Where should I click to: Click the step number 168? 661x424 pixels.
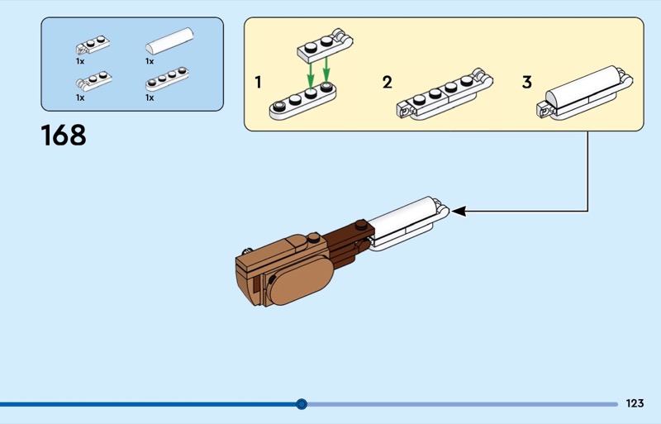[x=64, y=135]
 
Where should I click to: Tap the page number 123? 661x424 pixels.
[x=635, y=403]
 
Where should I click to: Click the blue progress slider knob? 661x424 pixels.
[x=302, y=404]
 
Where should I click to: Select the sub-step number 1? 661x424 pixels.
[x=259, y=82]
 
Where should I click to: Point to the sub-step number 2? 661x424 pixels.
[x=388, y=82]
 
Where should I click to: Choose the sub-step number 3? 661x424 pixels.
[x=527, y=82]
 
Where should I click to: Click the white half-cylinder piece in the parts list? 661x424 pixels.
[x=169, y=41]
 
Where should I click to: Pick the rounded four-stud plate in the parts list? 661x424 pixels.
[x=168, y=79]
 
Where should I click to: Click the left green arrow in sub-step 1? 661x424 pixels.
[x=311, y=75]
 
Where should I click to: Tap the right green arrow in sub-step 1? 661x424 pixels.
[x=326, y=69]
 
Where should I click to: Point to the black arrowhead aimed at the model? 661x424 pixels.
[x=459, y=211]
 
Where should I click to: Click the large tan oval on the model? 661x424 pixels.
[x=302, y=279]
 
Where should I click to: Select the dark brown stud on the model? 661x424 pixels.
[x=360, y=225]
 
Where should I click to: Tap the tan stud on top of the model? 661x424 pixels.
[x=313, y=237]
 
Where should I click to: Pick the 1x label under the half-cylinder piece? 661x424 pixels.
[x=150, y=61]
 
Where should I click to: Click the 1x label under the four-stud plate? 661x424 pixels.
[x=150, y=98]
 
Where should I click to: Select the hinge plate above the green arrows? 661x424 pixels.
[x=325, y=45]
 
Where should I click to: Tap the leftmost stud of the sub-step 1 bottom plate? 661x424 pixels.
[x=279, y=106]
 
